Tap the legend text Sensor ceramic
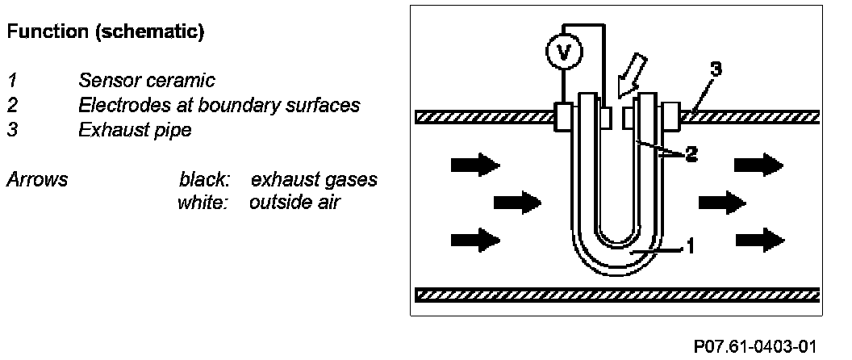[x=136, y=81]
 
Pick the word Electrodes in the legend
[x=117, y=105]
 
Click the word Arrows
[x=37, y=179]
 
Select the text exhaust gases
[x=314, y=179]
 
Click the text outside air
[x=294, y=202]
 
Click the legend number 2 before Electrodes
[x=12, y=105]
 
